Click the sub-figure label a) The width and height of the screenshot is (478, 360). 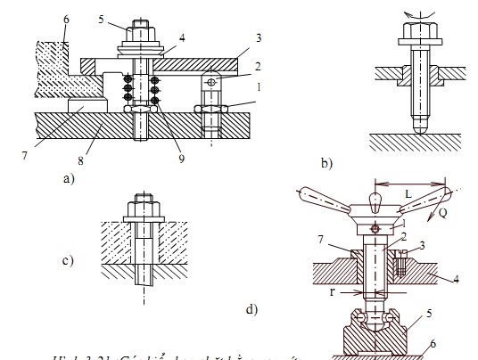tap(69, 177)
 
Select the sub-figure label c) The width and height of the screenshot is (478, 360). tap(68, 261)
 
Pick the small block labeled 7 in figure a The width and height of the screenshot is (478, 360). tap(86, 106)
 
